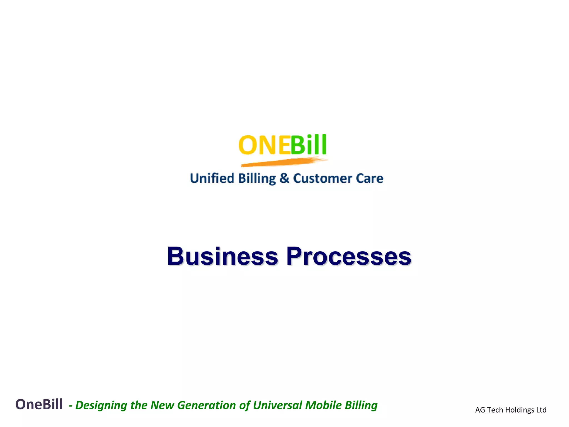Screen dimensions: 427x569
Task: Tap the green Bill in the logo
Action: tap(308, 145)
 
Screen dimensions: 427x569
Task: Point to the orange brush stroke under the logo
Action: tap(283, 162)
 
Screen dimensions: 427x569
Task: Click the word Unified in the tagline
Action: tap(212, 178)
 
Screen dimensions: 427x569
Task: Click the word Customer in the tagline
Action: tap(323, 178)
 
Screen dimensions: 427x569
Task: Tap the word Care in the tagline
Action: tap(370, 178)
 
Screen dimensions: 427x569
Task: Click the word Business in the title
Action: tap(222, 256)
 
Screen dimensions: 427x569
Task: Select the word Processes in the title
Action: tap(349, 256)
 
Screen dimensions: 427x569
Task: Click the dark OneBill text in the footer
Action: tap(39, 404)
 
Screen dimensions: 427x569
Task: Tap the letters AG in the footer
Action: tap(480, 410)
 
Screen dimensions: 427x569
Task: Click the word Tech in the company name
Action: tap(495, 410)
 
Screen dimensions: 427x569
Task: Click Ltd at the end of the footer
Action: tap(541, 410)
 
